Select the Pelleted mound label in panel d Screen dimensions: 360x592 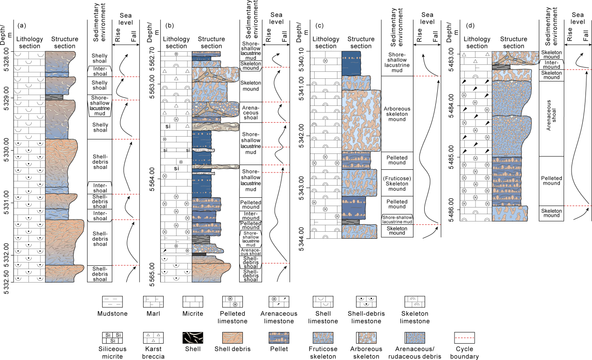pos(551,181)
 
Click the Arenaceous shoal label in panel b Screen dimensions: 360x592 pos(251,111)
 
